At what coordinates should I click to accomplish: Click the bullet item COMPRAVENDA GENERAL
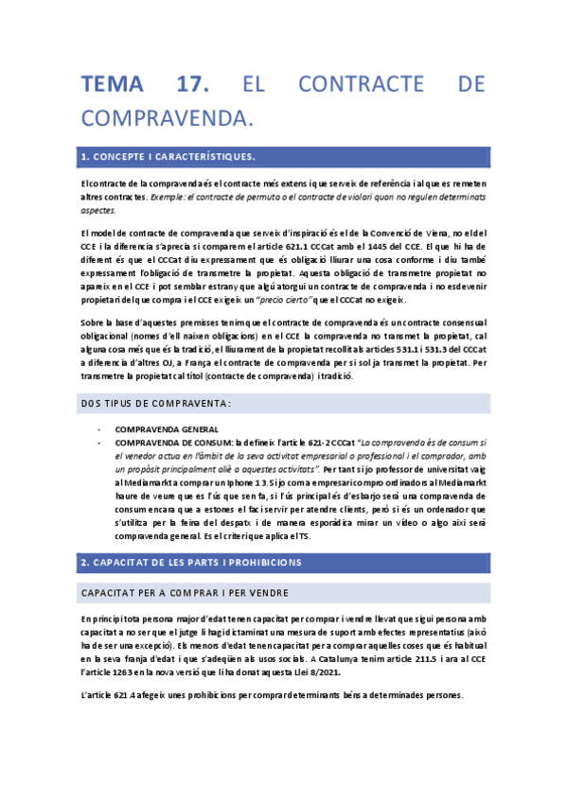[x=167, y=428]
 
